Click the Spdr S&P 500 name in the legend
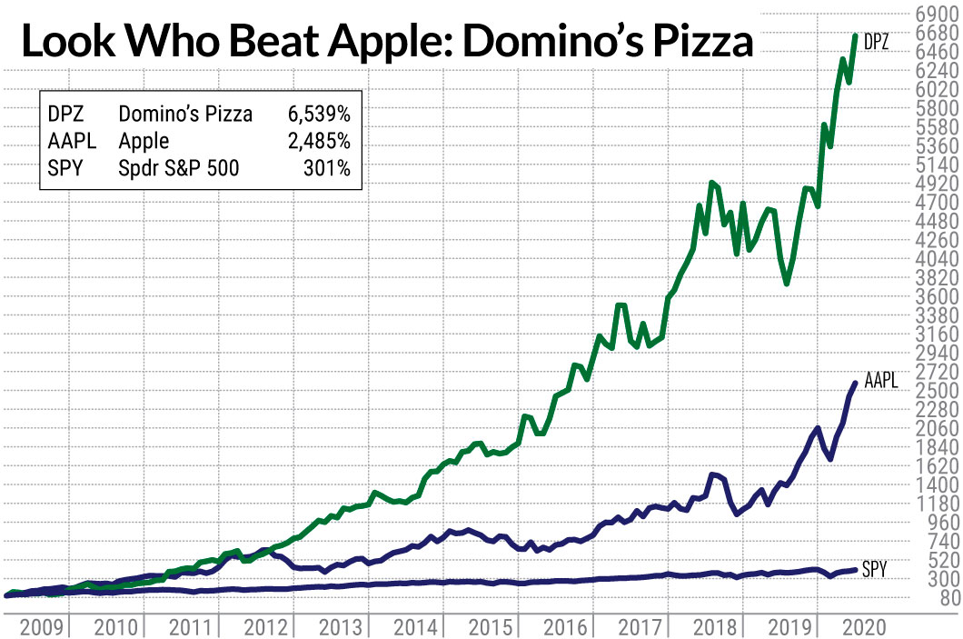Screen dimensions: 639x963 coord(179,168)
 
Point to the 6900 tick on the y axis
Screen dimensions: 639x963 coord(934,15)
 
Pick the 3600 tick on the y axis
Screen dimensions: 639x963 coord(934,296)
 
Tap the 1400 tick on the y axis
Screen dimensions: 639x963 coord(934,484)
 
